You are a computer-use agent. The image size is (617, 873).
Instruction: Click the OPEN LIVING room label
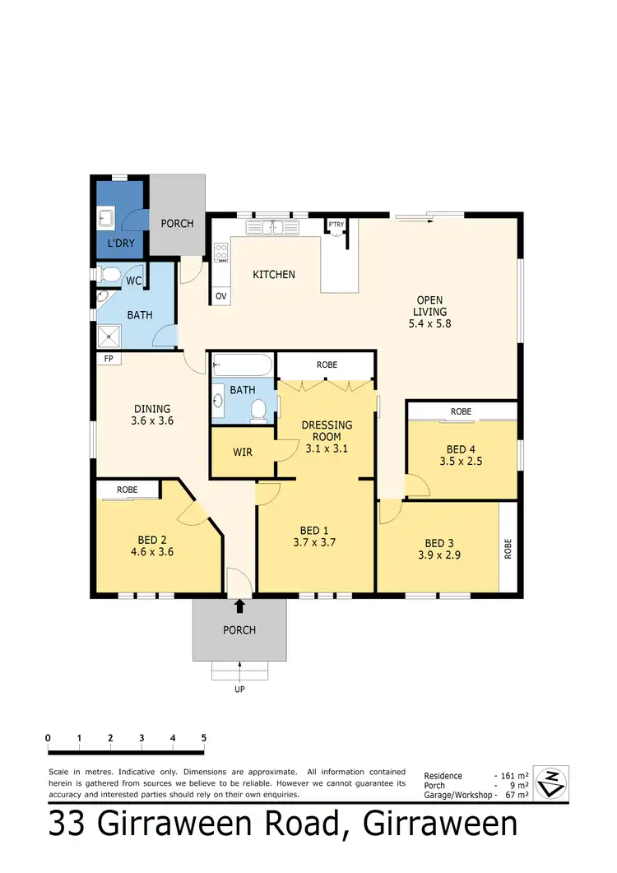click(x=430, y=305)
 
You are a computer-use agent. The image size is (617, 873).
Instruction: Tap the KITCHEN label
click(x=273, y=275)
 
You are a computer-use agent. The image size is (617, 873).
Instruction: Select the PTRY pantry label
click(x=336, y=224)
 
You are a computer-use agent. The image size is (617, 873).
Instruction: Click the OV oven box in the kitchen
click(x=220, y=295)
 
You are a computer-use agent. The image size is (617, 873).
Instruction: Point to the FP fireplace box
click(x=108, y=360)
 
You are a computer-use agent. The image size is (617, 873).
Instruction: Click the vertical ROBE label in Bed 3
click(x=508, y=549)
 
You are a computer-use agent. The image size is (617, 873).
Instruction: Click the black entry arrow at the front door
click(x=239, y=606)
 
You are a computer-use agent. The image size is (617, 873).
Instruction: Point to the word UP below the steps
click(x=239, y=690)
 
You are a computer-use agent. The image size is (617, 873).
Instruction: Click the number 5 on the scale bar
click(x=203, y=738)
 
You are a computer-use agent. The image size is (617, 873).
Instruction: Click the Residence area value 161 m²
click(x=512, y=776)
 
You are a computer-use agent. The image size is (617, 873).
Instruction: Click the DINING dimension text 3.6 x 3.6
click(x=153, y=420)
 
